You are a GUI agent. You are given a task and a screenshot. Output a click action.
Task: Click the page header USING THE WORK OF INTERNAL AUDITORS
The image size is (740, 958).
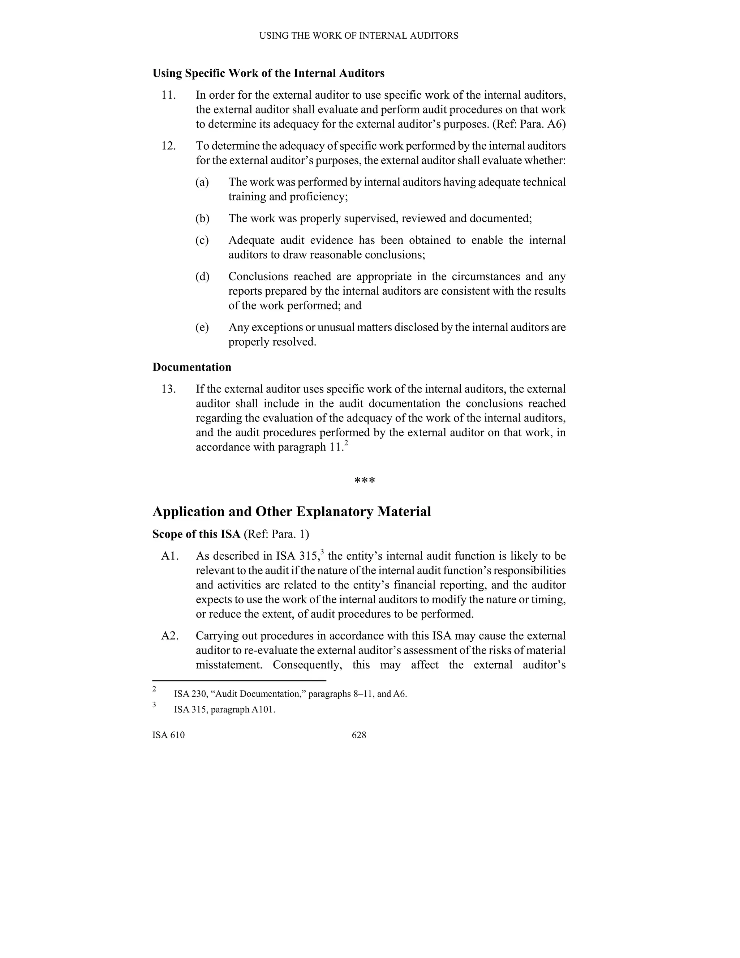[x=358, y=36]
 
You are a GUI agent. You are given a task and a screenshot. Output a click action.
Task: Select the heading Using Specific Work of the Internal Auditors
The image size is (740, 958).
[x=268, y=73]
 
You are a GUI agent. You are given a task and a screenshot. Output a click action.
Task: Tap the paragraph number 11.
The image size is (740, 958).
[x=168, y=95]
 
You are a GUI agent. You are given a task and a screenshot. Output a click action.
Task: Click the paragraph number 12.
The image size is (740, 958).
[x=168, y=146]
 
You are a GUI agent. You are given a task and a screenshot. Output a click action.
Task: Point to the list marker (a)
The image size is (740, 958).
[x=202, y=182]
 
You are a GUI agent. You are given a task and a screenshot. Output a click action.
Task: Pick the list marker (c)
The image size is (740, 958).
[x=202, y=240]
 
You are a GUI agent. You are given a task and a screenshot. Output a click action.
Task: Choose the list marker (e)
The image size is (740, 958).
[x=202, y=328]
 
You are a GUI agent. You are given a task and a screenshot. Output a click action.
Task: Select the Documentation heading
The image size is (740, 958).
[x=192, y=367]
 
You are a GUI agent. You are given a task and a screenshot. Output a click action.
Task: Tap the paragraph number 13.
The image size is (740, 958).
[x=168, y=389]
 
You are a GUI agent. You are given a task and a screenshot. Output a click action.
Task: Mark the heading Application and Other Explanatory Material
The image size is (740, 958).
[x=292, y=512]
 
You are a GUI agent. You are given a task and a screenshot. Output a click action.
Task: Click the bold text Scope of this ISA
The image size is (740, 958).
[x=197, y=534]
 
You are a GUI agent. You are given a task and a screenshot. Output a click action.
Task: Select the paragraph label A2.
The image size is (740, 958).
[x=170, y=636]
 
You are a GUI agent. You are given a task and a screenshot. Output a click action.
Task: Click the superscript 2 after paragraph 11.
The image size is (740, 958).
[x=346, y=444]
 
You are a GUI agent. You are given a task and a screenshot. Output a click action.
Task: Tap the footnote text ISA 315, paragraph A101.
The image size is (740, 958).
[x=224, y=710]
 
